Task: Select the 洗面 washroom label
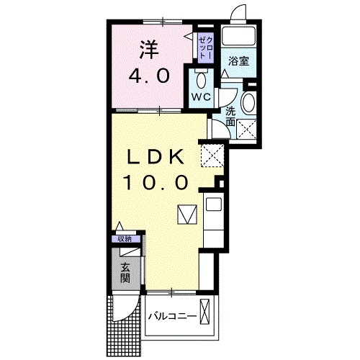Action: click(x=230, y=116)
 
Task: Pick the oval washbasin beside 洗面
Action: click(x=248, y=103)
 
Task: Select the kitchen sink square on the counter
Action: click(x=213, y=204)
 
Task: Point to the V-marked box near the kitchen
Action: click(x=186, y=215)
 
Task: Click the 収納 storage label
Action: click(x=125, y=238)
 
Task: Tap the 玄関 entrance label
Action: click(x=125, y=271)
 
